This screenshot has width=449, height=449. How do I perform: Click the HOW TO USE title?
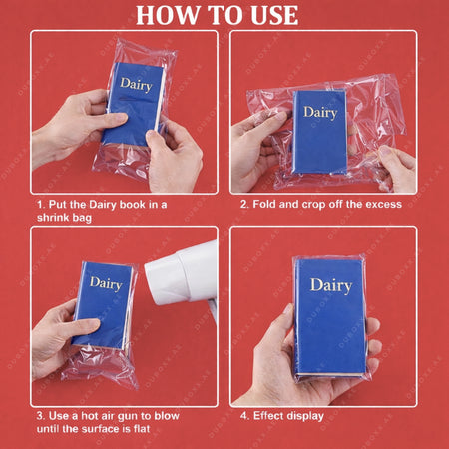tap(217, 15)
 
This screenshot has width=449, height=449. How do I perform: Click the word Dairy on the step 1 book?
tap(136, 84)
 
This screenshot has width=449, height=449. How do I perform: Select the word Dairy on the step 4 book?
tap(330, 285)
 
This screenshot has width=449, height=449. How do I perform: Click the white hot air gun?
tap(182, 275)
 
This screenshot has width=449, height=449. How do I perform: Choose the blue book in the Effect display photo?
tap(329, 314)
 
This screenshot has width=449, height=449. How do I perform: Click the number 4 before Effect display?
tap(245, 414)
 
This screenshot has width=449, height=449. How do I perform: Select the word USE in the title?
tap(268, 15)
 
